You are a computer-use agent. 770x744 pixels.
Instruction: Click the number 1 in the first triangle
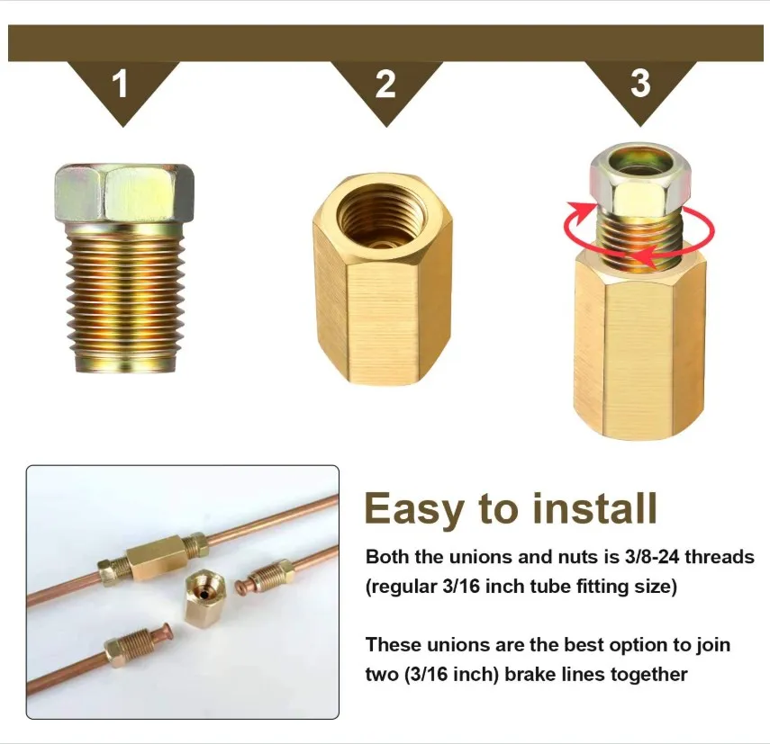point(120,86)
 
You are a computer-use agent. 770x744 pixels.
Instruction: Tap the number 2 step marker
point(385,85)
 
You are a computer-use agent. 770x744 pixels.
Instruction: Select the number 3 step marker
point(640,84)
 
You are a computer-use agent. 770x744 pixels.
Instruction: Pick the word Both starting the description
point(385,557)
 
